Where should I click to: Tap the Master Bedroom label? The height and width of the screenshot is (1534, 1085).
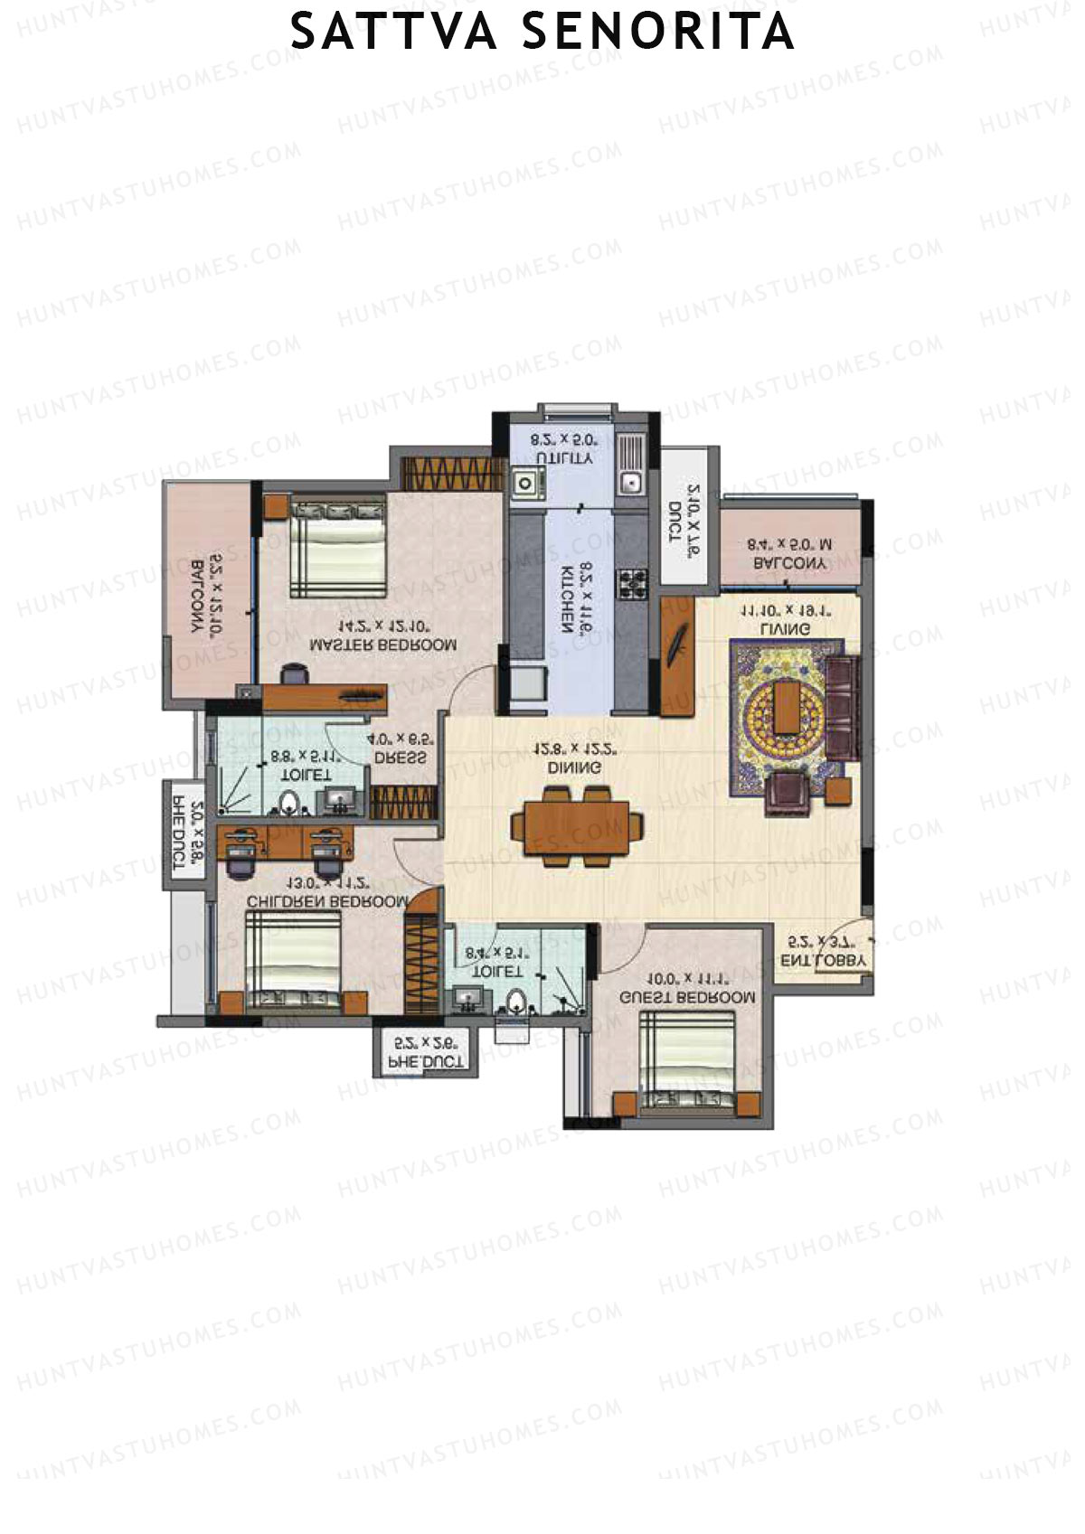pyautogui.click(x=383, y=645)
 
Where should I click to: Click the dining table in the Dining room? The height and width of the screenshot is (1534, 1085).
pyautogui.click(x=578, y=825)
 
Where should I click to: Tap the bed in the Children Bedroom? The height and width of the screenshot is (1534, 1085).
pyautogui.click(x=295, y=959)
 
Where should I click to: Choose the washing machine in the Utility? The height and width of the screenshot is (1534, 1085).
pyautogui.click(x=524, y=483)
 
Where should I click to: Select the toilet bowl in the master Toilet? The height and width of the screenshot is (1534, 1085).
pyautogui.click(x=289, y=803)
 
